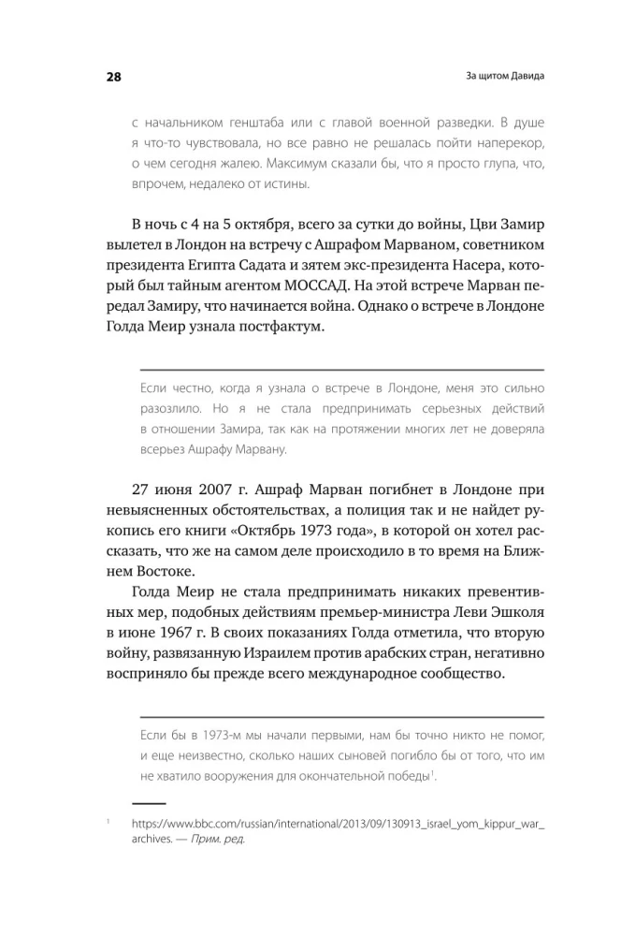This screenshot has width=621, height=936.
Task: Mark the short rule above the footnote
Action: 149,803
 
